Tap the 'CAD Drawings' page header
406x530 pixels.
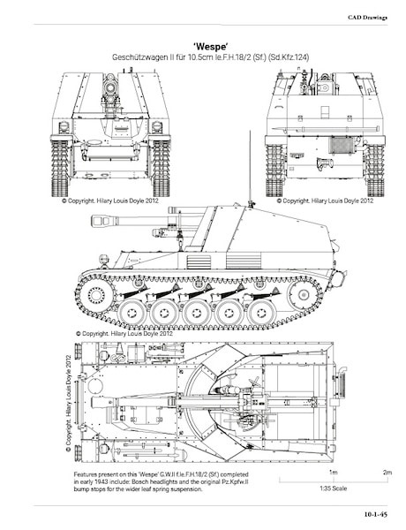(x=367, y=18)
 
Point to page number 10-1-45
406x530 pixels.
(x=375, y=514)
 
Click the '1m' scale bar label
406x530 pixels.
(x=333, y=473)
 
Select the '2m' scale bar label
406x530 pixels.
(x=387, y=473)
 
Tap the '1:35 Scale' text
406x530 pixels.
(x=333, y=488)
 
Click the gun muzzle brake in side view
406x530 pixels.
(x=104, y=221)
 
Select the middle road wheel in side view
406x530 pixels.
(x=196, y=313)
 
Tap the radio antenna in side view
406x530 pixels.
(x=251, y=169)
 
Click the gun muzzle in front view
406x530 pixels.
(x=110, y=87)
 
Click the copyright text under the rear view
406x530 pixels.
(x=325, y=201)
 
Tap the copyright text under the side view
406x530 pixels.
(x=124, y=334)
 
